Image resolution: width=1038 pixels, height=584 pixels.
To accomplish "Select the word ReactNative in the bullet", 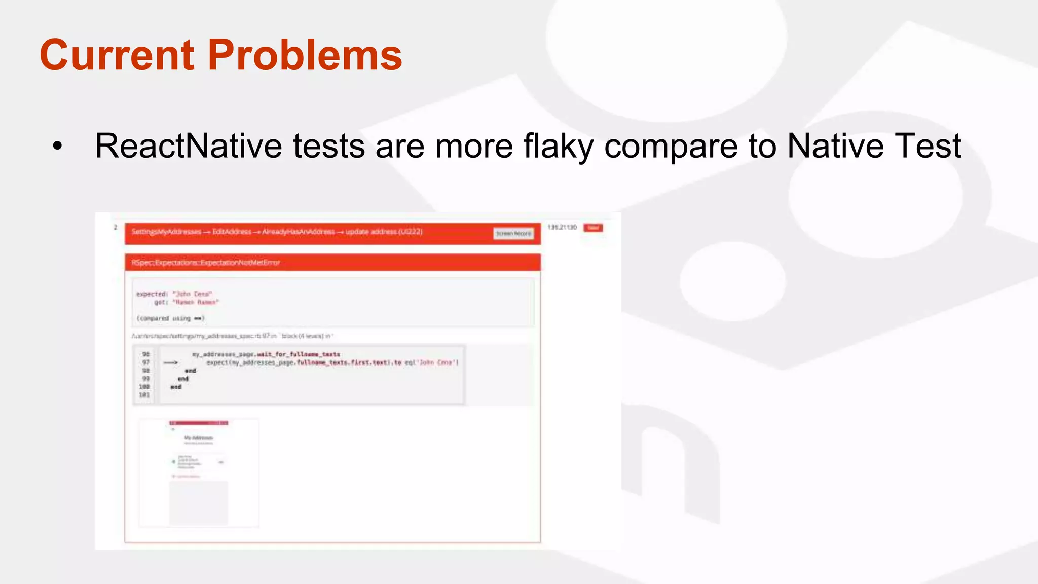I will (188, 146).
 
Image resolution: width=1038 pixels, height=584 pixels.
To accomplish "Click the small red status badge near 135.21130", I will (593, 228).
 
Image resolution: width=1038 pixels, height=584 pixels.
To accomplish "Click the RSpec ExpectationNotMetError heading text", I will (205, 263).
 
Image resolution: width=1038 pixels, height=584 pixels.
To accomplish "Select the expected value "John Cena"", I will (192, 294).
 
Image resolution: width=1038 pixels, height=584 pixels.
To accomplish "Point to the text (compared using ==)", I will (170, 318).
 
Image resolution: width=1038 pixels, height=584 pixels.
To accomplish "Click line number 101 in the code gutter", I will (144, 395).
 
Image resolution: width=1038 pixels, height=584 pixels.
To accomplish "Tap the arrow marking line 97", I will (171, 362).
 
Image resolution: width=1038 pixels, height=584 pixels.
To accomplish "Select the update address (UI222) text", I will (384, 232).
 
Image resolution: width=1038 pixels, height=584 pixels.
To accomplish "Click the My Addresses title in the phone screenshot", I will (198, 437).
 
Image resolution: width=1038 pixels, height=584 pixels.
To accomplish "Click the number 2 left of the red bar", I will (116, 227).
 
